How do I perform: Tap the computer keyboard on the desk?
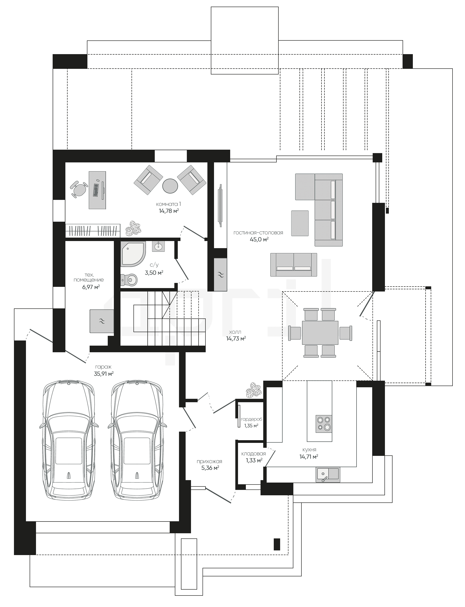point(96,190)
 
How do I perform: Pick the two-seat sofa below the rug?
point(294,265)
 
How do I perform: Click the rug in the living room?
point(300,223)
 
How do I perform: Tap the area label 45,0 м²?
point(259,240)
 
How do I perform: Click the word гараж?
point(103,367)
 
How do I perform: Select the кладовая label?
point(253,454)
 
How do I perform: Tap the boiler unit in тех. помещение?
point(102,321)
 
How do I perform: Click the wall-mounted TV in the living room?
point(220,206)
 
